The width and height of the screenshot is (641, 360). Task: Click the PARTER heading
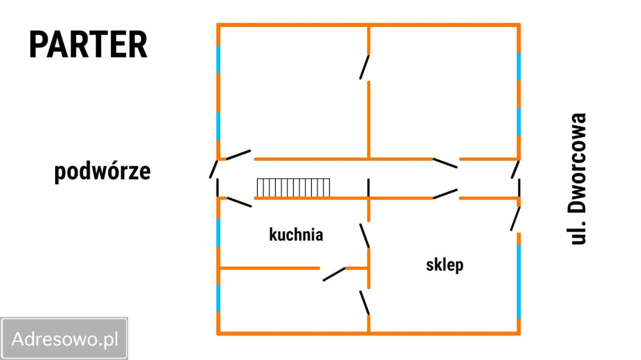click(88, 45)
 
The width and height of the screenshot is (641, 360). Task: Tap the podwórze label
click(103, 171)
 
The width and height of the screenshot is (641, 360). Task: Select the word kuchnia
click(296, 235)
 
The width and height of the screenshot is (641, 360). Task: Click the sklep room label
click(445, 265)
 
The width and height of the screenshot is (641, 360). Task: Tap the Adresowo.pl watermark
click(65, 339)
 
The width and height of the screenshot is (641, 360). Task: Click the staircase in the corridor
click(293, 188)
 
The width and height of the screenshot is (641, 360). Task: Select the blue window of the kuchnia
click(218, 233)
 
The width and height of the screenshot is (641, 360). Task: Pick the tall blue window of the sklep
click(518, 281)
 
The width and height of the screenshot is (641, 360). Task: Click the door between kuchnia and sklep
click(365, 235)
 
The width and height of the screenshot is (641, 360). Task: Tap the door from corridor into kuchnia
click(239, 202)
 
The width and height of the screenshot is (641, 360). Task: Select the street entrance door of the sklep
click(515, 219)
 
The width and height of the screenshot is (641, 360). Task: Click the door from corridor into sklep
click(445, 194)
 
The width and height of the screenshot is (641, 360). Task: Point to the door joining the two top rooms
click(365, 67)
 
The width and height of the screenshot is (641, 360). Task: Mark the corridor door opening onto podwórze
click(213, 169)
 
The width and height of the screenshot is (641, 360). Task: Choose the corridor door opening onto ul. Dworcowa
click(515, 170)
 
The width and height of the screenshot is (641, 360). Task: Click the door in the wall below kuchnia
click(334, 274)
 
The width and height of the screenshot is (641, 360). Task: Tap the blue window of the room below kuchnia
click(218, 298)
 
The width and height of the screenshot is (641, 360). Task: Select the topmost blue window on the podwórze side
click(218, 60)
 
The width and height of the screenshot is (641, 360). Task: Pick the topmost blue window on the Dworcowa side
click(518, 67)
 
